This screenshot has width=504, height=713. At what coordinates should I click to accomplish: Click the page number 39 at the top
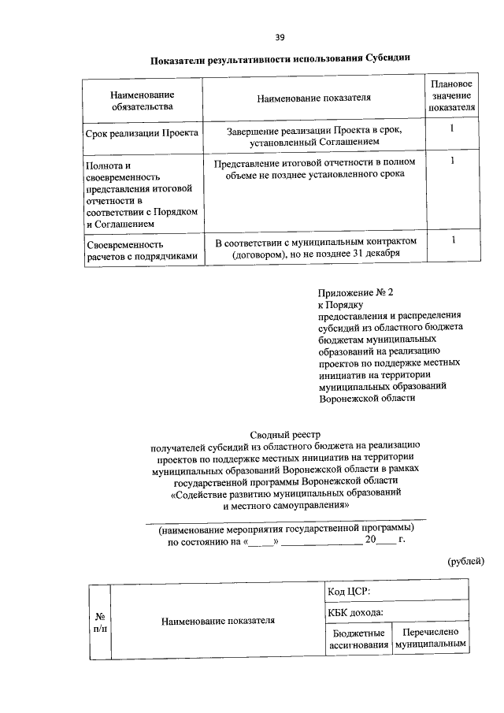(x=280, y=37)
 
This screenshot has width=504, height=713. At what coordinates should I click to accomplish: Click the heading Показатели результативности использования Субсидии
(x=280, y=58)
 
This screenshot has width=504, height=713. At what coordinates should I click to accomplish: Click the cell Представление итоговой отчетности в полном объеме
(x=313, y=168)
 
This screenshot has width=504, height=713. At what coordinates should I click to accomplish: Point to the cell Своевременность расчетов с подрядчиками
(x=142, y=249)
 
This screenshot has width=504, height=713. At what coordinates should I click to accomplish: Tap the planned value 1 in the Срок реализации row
(x=452, y=128)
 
